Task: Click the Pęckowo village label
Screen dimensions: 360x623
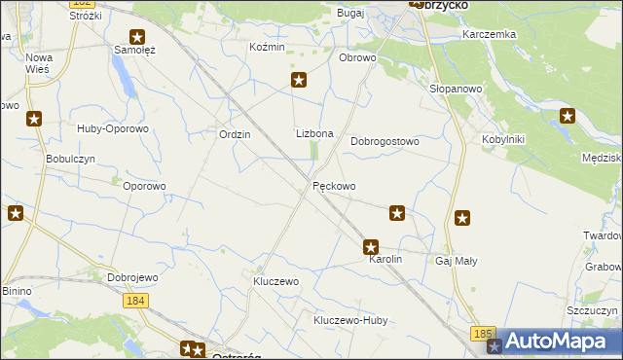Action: click(334, 186)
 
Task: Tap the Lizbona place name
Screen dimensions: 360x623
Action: click(314, 133)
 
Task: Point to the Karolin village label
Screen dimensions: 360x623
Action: click(385, 261)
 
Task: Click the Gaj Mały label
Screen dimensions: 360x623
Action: click(456, 261)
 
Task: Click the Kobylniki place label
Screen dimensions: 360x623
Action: click(503, 139)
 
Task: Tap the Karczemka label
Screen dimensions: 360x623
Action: click(490, 34)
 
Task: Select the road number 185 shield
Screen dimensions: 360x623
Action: click(483, 334)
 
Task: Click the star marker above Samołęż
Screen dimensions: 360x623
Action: click(137, 37)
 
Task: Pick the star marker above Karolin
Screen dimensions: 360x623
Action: click(370, 248)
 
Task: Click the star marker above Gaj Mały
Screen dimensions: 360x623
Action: click(462, 220)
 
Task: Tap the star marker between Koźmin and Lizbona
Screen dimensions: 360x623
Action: click(299, 81)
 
